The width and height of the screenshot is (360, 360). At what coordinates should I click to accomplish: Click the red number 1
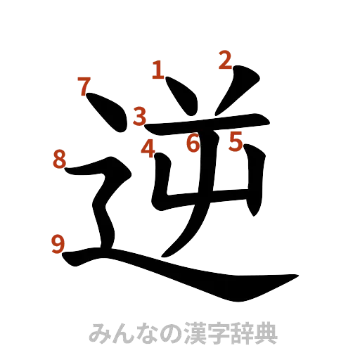[x=158, y=70]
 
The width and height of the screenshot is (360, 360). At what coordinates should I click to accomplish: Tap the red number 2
[x=224, y=60]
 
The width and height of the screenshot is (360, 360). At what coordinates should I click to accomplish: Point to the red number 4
[x=148, y=148]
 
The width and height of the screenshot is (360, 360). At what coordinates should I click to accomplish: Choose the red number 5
[x=235, y=142]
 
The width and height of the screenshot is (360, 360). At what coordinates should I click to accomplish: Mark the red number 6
[x=193, y=143]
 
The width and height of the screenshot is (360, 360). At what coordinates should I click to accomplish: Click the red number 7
[x=84, y=87]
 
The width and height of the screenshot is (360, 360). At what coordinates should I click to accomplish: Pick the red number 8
[x=60, y=160]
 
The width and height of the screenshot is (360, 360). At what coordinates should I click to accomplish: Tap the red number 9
[x=59, y=243]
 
